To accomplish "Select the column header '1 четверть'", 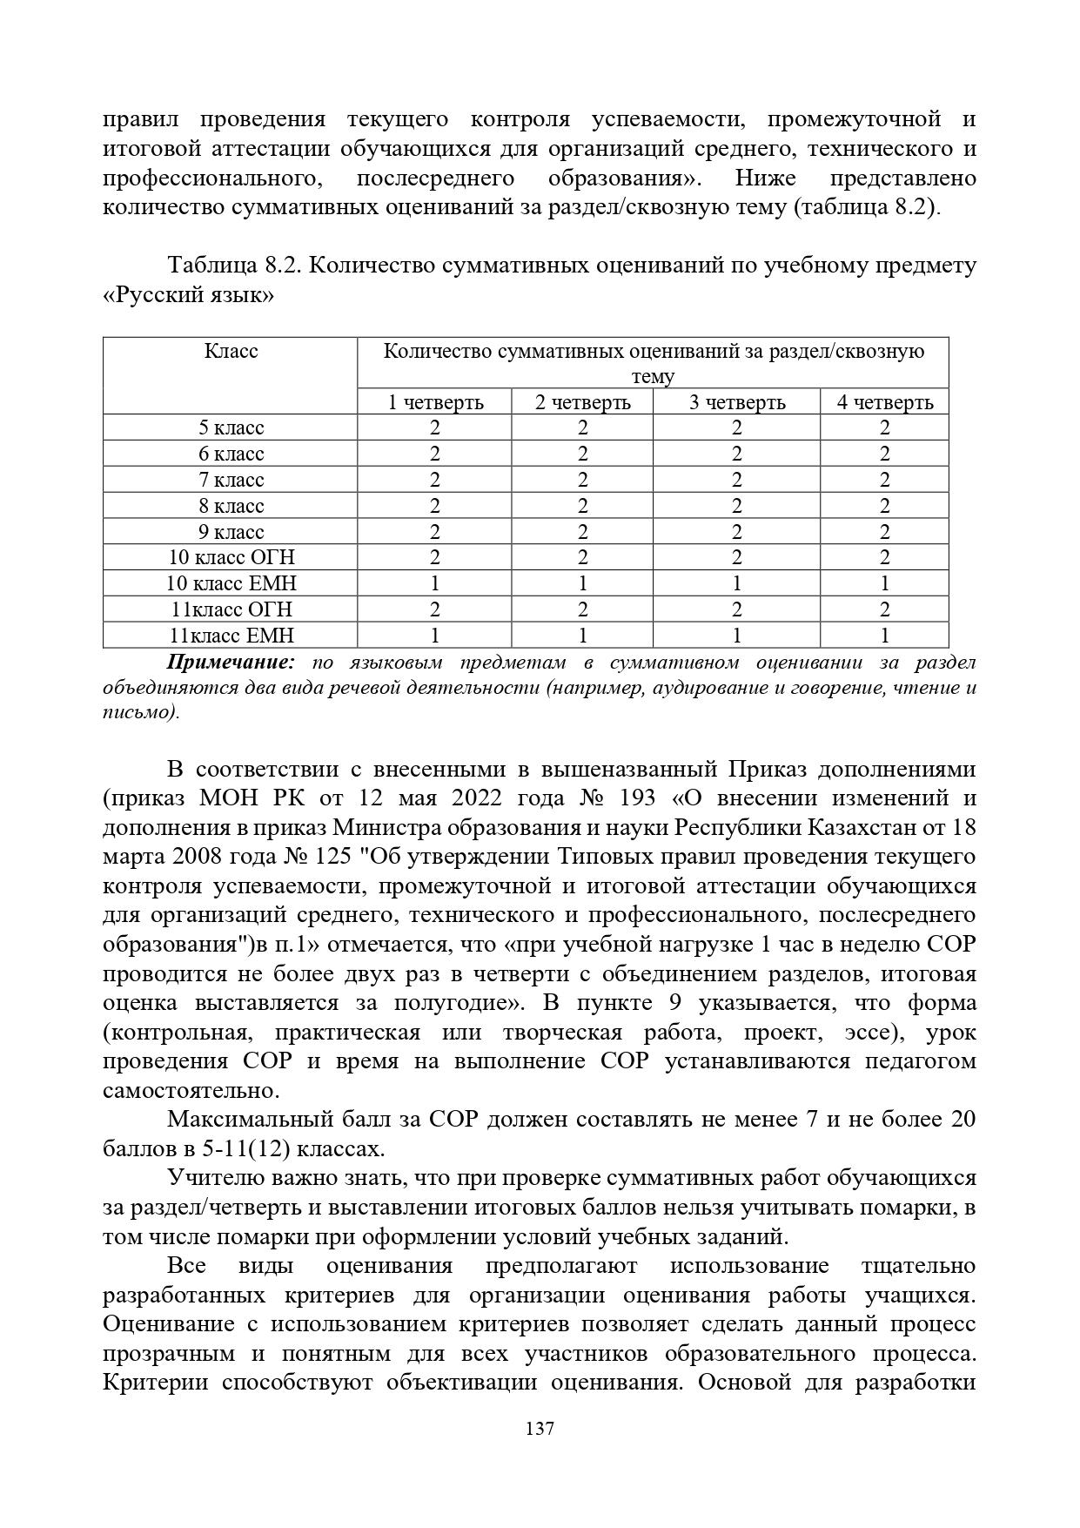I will (434, 402).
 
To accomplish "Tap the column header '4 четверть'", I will (884, 402).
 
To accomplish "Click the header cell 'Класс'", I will (231, 351).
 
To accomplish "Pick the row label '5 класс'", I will (231, 427).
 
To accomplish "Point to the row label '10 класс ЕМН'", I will (231, 583).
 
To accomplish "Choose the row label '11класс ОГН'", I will (231, 609).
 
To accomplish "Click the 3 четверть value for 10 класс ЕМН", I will (736, 583).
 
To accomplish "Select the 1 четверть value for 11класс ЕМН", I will (434, 636).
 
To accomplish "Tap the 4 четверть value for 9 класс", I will (884, 532).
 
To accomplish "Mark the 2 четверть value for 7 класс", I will (582, 480).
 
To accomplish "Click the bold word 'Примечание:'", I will (231, 663).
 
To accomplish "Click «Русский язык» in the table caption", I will (188, 295).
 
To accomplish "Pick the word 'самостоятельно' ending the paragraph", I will (190, 1090).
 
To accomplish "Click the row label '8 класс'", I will (231, 506).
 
